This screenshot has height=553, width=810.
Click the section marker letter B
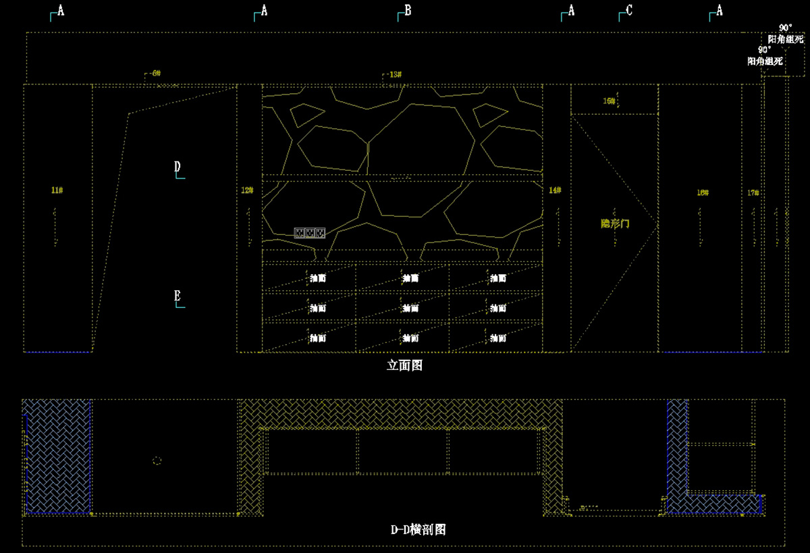point(408,10)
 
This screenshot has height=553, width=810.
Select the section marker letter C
point(629,10)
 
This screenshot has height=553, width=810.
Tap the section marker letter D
point(177,167)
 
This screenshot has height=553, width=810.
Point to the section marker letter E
point(177,296)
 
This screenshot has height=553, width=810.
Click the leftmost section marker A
point(61,11)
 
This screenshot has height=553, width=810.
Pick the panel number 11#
point(57,190)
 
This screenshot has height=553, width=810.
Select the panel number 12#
point(247,191)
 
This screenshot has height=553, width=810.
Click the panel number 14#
point(555,191)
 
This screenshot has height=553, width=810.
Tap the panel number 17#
point(753,193)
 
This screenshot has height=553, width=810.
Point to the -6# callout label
point(155,73)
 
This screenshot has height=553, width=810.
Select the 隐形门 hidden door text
point(615,223)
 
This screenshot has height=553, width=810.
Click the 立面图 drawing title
point(405,365)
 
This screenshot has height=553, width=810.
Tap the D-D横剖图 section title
point(418,530)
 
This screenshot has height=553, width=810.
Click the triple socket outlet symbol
point(310,233)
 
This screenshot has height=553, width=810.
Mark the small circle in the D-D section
point(157,460)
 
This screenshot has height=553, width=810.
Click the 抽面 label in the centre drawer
point(410,308)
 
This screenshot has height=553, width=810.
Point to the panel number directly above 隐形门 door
point(610,101)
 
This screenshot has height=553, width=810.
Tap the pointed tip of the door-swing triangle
point(656,219)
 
